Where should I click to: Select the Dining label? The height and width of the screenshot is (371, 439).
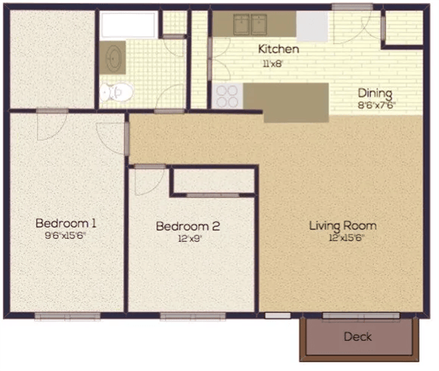coord(375,92)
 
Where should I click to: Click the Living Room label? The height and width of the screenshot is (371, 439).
coord(342,226)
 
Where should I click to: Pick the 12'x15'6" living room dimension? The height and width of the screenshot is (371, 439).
coord(342,238)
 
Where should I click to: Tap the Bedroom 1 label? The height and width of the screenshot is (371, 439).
coord(66,223)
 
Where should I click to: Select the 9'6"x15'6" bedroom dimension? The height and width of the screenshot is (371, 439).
coord(66,237)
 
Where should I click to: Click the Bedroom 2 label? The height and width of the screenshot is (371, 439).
coord(188,226)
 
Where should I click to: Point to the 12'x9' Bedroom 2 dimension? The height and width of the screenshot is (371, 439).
coord(188,239)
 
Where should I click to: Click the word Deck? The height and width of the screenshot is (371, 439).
coord(358,336)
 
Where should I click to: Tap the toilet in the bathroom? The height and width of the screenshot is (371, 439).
coord(116,92)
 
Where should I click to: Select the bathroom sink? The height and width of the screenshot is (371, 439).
coord(114,57)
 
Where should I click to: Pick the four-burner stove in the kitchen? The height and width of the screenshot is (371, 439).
coord(227,96)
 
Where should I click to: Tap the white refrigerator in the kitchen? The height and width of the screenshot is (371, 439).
coord(312,27)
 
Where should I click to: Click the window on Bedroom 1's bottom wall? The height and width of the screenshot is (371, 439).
coord(67,315)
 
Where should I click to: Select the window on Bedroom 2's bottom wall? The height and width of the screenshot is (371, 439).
coord(193,315)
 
